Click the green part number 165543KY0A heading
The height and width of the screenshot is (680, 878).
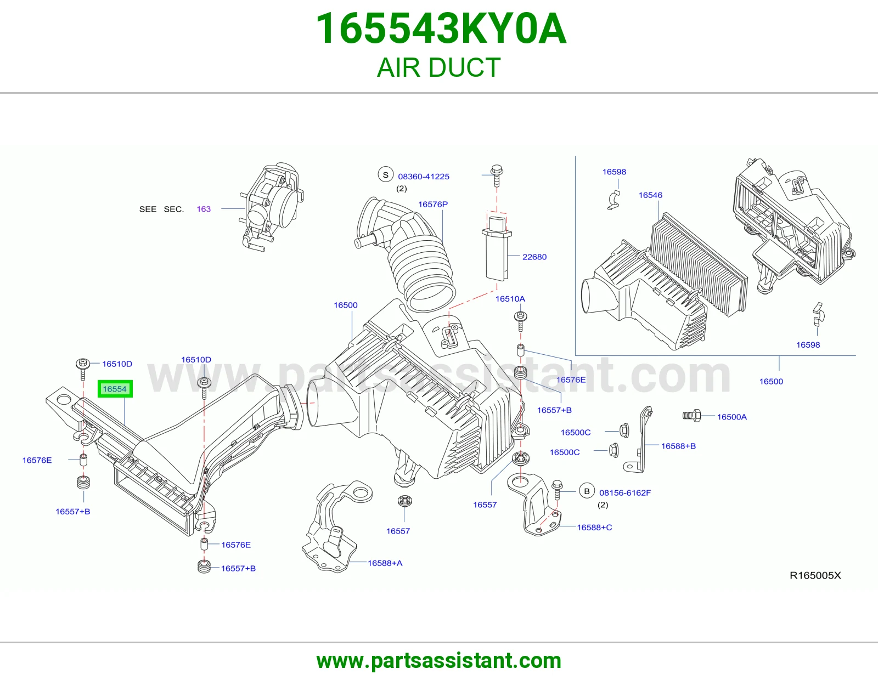pyautogui.click(x=441, y=29)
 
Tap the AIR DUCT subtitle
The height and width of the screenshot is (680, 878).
pyautogui.click(x=439, y=67)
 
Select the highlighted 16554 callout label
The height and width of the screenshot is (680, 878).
pyautogui.click(x=115, y=389)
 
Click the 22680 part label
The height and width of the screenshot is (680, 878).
pyautogui.click(x=534, y=257)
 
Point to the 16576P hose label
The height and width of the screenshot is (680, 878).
pyautogui.click(x=433, y=205)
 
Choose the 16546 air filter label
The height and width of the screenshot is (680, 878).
pyautogui.click(x=650, y=195)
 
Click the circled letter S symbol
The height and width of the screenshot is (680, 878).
pyautogui.click(x=385, y=175)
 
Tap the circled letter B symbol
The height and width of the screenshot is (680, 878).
pyautogui.click(x=587, y=491)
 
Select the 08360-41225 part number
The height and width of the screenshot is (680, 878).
pyautogui.click(x=424, y=177)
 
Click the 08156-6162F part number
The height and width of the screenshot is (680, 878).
pyautogui.click(x=624, y=492)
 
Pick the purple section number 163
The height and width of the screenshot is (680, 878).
pyautogui.click(x=204, y=209)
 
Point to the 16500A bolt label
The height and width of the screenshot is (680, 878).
pyautogui.click(x=731, y=417)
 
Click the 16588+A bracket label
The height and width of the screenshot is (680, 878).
pyautogui.click(x=385, y=563)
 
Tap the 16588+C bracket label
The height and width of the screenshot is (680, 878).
pyautogui.click(x=594, y=528)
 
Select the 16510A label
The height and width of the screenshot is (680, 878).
pyautogui.click(x=510, y=299)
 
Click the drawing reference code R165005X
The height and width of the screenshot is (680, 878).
pyautogui.click(x=815, y=575)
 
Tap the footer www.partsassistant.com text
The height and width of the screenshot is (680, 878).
pyautogui.click(x=439, y=661)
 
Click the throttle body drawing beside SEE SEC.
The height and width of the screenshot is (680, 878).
pyautogui.click(x=272, y=207)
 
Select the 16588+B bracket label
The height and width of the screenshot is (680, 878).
pyautogui.click(x=678, y=446)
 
